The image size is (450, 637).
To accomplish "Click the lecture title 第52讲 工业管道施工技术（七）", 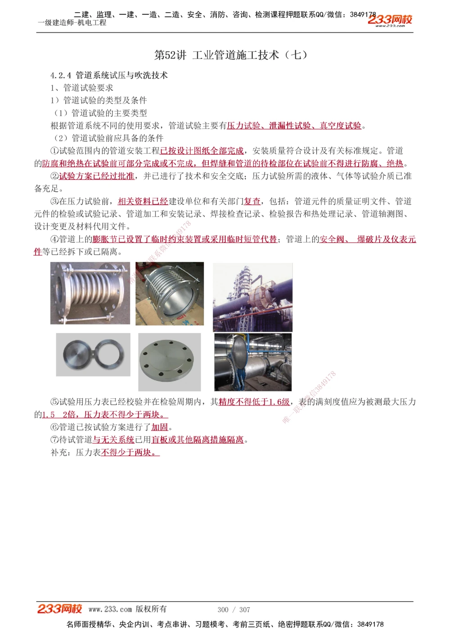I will [231, 55].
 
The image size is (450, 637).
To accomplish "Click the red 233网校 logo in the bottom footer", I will [59, 609].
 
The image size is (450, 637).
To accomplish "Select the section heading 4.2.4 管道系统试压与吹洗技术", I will [109, 75].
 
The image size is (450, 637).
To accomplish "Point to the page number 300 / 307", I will [234, 610].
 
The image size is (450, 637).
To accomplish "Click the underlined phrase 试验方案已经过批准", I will [96, 176].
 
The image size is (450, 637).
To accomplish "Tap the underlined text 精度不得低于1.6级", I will [254, 402].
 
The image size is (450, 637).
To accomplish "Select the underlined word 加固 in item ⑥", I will [160, 427].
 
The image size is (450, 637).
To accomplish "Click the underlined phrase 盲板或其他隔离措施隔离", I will [198, 439].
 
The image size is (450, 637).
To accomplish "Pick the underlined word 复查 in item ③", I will [252, 201].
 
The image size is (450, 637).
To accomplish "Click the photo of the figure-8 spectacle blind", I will [93, 355].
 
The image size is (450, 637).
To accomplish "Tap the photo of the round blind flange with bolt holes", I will [169, 362].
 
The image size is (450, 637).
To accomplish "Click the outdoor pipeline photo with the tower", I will [252, 297].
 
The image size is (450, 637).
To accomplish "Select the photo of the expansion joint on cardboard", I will [170, 294].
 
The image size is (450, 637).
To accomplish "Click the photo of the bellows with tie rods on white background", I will [90, 293].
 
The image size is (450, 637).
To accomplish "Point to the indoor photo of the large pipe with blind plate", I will [253, 362].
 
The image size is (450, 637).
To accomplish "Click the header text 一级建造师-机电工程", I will [72, 23].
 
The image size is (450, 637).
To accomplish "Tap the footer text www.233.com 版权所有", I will [127, 609].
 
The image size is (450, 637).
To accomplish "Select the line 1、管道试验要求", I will [82, 88].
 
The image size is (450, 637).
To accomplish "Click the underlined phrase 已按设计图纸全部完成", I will [202, 151].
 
